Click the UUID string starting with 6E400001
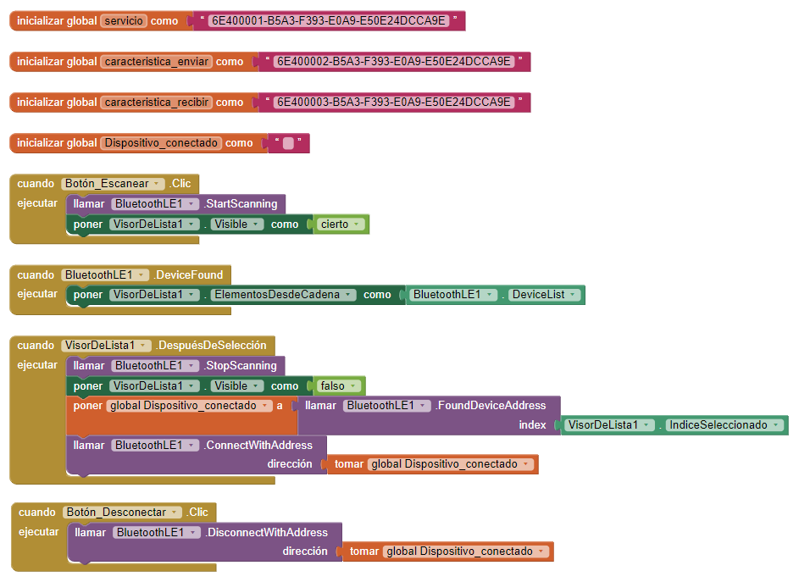(327, 21)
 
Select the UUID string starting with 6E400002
(394, 62)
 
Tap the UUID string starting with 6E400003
(394, 103)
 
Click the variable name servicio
(123, 21)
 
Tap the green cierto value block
(341, 224)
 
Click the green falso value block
(338, 386)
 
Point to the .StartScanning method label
(240, 204)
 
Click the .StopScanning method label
(240, 366)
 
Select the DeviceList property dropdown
(544, 295)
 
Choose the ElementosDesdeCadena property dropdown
(287, 295)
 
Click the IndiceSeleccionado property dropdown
(722, 425)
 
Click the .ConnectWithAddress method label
(258, 446)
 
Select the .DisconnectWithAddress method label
(265, 533)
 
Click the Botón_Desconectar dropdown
(122, 513)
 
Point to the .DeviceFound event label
(188, 274)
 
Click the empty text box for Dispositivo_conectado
(288, 144)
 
